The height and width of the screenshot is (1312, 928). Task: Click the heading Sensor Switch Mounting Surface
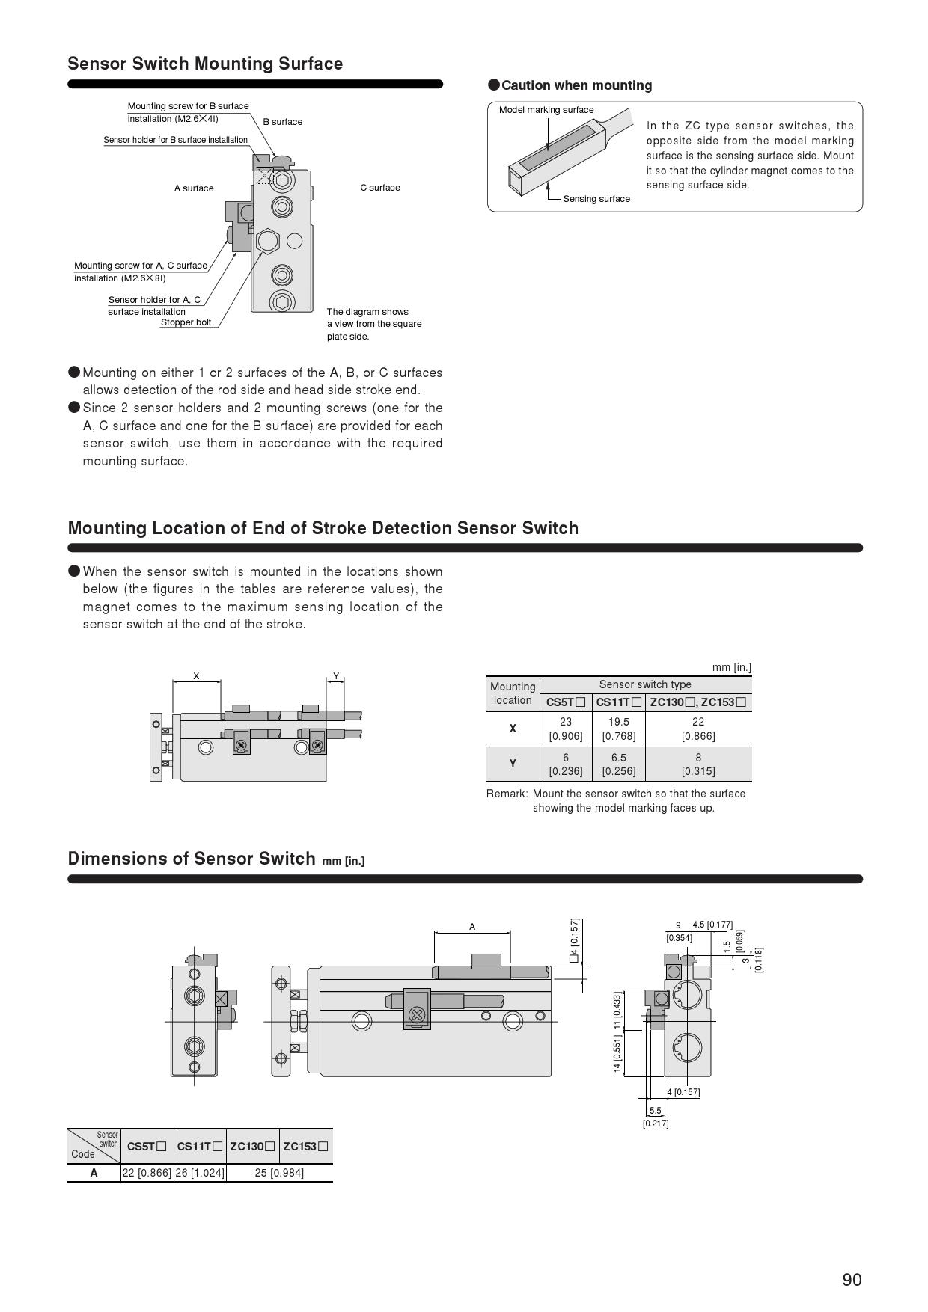205,64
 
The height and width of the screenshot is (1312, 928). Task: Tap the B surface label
283,122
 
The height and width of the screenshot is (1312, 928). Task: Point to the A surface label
194,188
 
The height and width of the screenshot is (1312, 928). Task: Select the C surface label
380,188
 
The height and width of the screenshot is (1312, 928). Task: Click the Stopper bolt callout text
186,323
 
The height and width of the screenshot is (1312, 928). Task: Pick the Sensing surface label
596,199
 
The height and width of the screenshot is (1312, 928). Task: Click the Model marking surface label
546,110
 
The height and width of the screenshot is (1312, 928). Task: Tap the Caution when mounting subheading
576,85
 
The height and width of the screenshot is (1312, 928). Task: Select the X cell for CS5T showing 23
566,729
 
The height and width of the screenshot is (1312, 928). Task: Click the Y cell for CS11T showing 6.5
619,764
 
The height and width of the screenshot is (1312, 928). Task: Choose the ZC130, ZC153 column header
697,702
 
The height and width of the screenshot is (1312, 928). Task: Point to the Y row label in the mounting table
513,764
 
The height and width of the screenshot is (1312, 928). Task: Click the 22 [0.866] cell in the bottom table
147,1172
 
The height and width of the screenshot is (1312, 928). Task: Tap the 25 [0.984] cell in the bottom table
279,1172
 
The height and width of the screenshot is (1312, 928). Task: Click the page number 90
852,1280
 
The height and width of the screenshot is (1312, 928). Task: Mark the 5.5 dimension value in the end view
656,1111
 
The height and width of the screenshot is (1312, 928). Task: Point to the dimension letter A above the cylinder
472,927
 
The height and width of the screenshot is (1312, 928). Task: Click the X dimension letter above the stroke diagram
196,676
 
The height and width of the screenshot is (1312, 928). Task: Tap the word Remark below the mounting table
506,794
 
